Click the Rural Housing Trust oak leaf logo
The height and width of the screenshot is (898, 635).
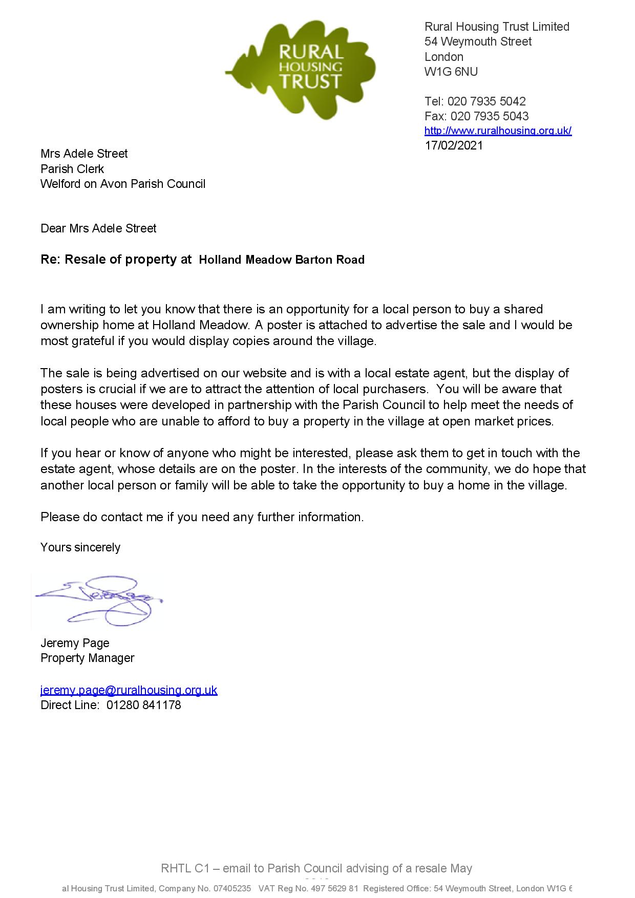coord(302,69)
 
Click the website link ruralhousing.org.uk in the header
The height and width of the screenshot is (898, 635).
coord(498,131)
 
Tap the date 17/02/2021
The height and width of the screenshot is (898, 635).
coord(454,145)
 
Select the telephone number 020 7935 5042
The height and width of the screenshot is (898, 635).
coord(486,101)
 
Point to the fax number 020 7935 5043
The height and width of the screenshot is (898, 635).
coord(490,116)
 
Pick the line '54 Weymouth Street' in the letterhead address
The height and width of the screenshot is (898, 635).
coord(478,41)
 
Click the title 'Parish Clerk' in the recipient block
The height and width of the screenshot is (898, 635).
coord(72,169)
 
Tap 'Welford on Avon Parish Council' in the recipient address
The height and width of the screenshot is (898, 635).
coord(123,184)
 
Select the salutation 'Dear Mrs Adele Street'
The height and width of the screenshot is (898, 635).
coord(98,228)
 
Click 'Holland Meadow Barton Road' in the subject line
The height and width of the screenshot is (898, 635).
coord(282,260)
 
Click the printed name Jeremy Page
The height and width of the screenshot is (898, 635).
coord(75,643)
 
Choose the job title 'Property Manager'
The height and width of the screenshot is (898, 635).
coord(87,658)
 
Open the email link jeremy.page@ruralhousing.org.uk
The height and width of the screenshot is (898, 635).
coord(129,690)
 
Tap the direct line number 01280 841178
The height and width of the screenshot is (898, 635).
coord(143,705)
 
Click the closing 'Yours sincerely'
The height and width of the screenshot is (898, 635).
coord(80,547)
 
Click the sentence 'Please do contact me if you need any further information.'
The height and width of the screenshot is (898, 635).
coord(202,517)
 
